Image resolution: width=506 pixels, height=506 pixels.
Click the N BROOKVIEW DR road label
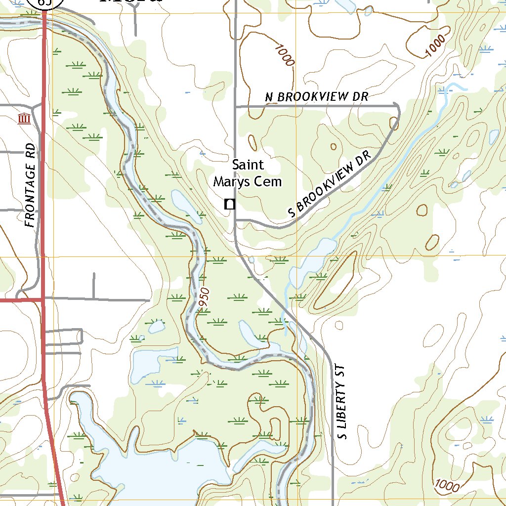pos(317,97)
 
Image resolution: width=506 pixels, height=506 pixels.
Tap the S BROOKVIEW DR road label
pos(330,184)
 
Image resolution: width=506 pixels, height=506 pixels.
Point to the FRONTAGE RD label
pos(31,185)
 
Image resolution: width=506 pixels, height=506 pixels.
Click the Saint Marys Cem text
pos(248,173)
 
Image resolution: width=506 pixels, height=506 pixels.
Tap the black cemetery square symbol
pos(229,204)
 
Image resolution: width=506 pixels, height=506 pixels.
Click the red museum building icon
pos(23,119)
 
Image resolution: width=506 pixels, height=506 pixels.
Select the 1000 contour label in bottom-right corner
pos(447,486)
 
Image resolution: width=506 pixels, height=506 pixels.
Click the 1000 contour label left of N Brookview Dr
pos(285,55)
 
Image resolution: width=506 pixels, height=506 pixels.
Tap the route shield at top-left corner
pos(45,2)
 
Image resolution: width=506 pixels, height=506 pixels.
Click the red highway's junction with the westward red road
pos(42,299)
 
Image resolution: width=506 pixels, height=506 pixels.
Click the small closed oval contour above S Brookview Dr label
pos(334,147)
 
